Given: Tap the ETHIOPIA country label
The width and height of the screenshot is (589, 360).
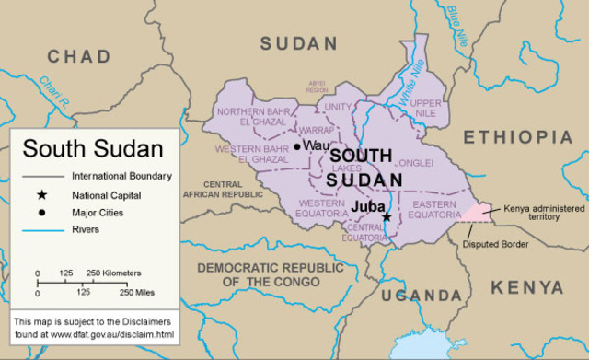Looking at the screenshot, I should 517,137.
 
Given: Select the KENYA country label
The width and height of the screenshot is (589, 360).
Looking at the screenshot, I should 526,288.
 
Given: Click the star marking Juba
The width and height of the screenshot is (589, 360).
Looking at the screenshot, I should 387,217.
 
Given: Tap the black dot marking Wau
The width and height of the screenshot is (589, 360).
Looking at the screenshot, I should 297,145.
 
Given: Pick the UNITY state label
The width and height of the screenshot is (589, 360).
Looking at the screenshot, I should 339,107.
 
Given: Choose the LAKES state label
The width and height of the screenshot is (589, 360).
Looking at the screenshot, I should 347,168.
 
